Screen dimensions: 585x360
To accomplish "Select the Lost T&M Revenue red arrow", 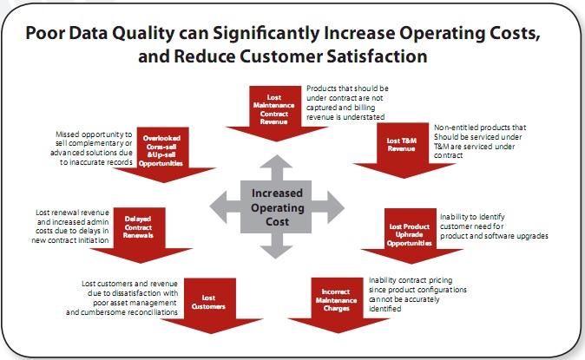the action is pos(403,150).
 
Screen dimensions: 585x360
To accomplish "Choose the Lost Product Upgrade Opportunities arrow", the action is pos(411,236).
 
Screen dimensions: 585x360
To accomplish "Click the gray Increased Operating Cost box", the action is pos(276,207).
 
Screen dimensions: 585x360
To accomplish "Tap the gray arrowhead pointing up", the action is pos(276,163).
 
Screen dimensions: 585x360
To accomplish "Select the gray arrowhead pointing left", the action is pos(218,207).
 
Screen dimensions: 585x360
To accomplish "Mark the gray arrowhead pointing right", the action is pos(336,207).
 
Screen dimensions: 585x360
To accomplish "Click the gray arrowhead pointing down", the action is pos(276,251).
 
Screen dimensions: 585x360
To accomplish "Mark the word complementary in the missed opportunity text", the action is pos(101,144).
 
